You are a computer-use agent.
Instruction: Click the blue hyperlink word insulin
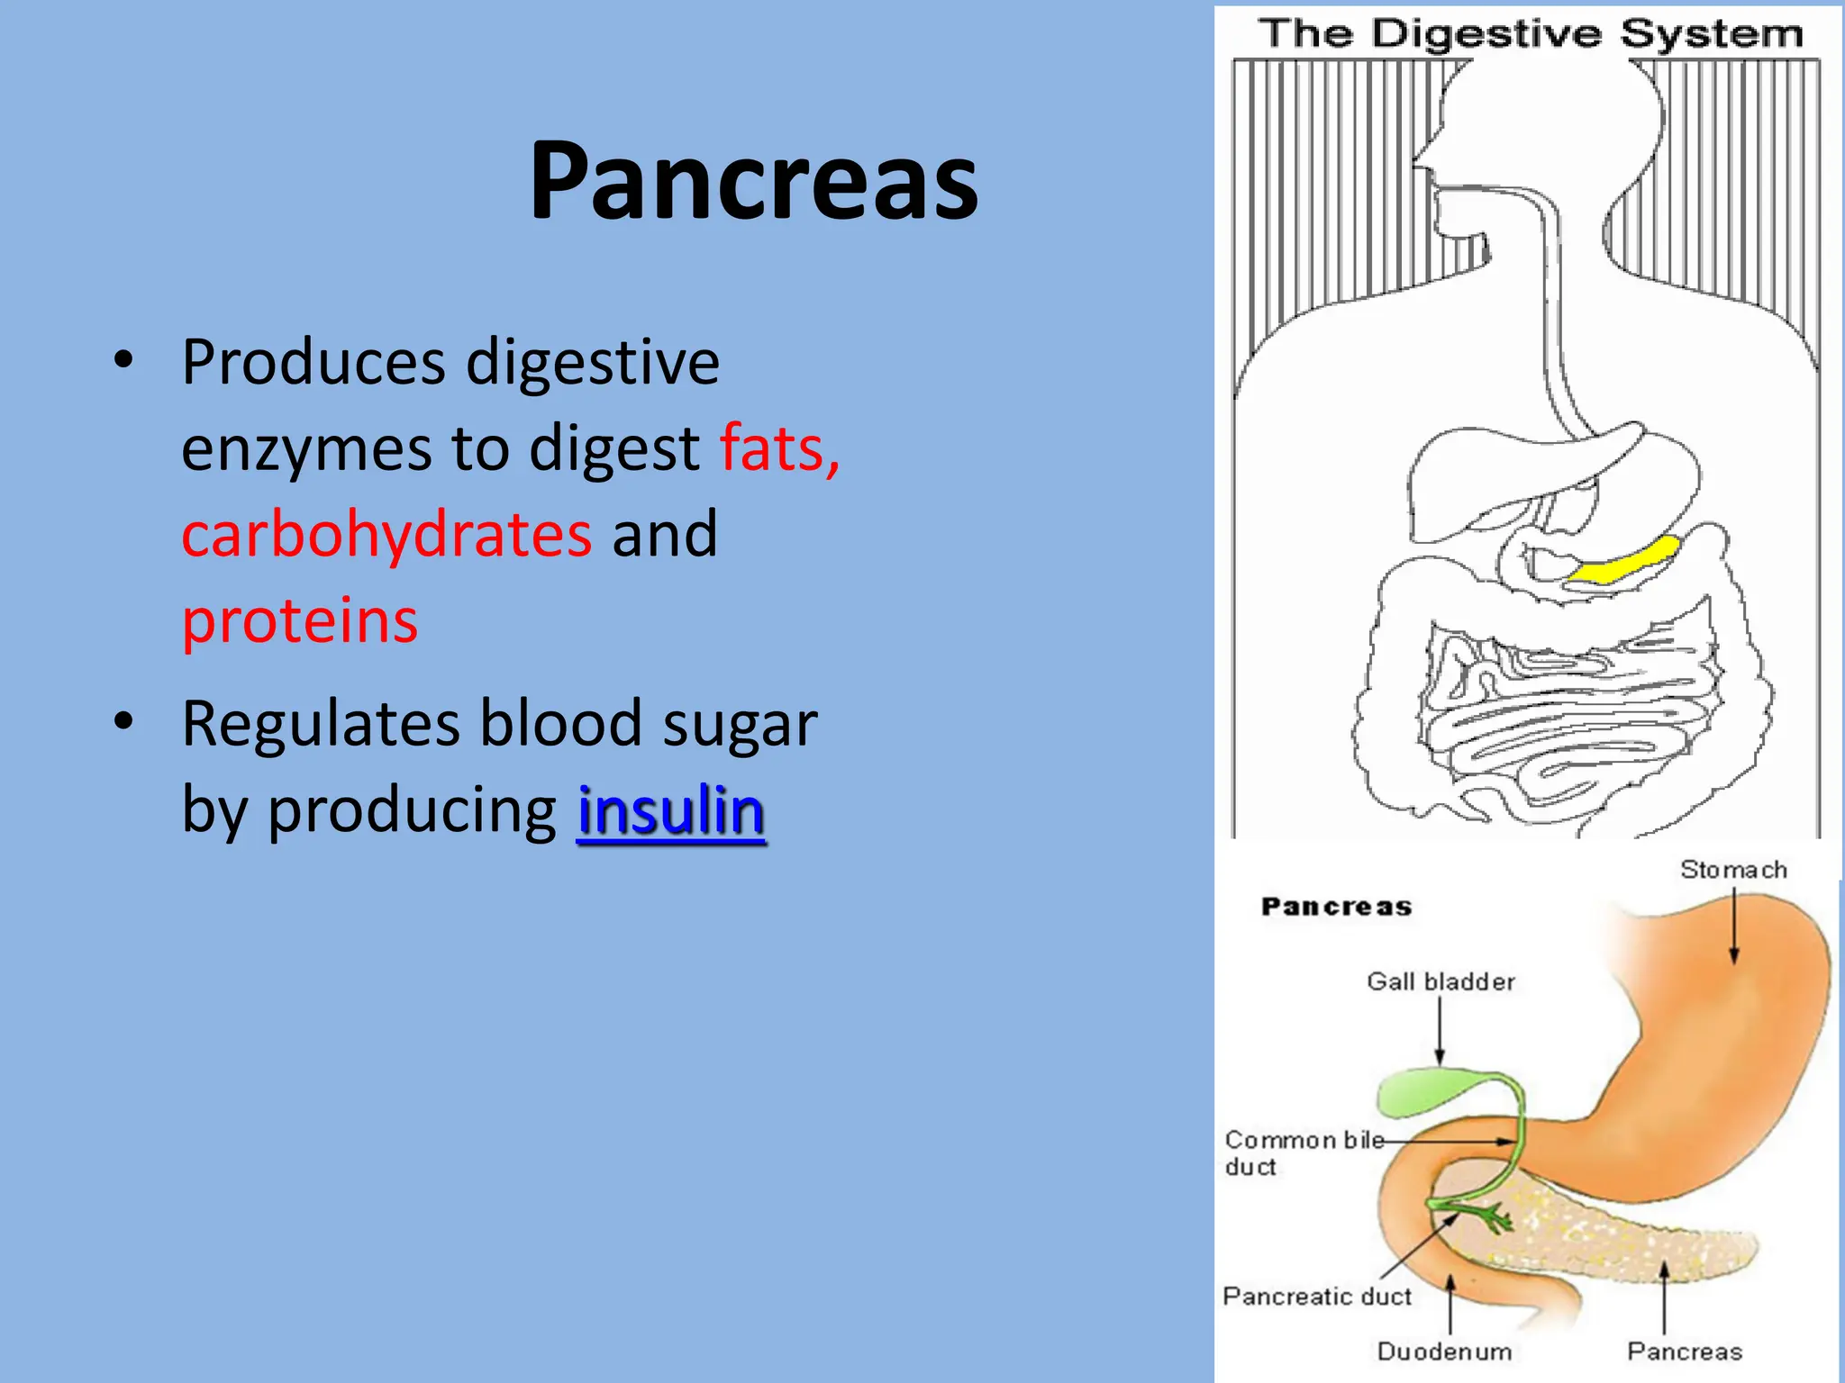(671, 810)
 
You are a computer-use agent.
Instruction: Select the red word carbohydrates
(386, 534)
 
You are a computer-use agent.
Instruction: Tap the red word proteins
(300, 621)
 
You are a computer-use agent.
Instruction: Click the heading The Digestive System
(1531, 34)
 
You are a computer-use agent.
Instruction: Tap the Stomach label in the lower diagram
(1732, 870)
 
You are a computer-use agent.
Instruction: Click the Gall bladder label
(1441, 981)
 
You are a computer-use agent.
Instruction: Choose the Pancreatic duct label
(1316, 1297)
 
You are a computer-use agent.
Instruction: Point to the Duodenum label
(1443, 1351)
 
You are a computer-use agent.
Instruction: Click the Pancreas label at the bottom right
(1684, 1351)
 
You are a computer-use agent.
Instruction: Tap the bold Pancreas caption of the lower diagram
(1336, 907)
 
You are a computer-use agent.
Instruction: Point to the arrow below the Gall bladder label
(1440, 1031)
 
